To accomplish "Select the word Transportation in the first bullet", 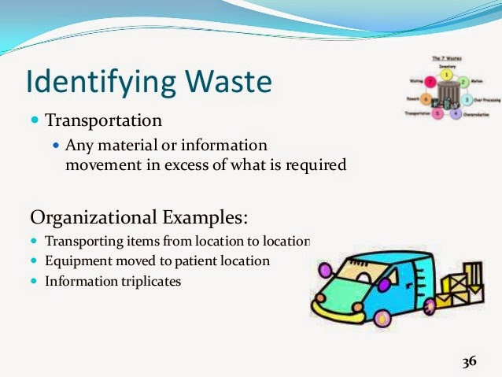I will point(103,121).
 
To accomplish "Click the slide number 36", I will point(469,361).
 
